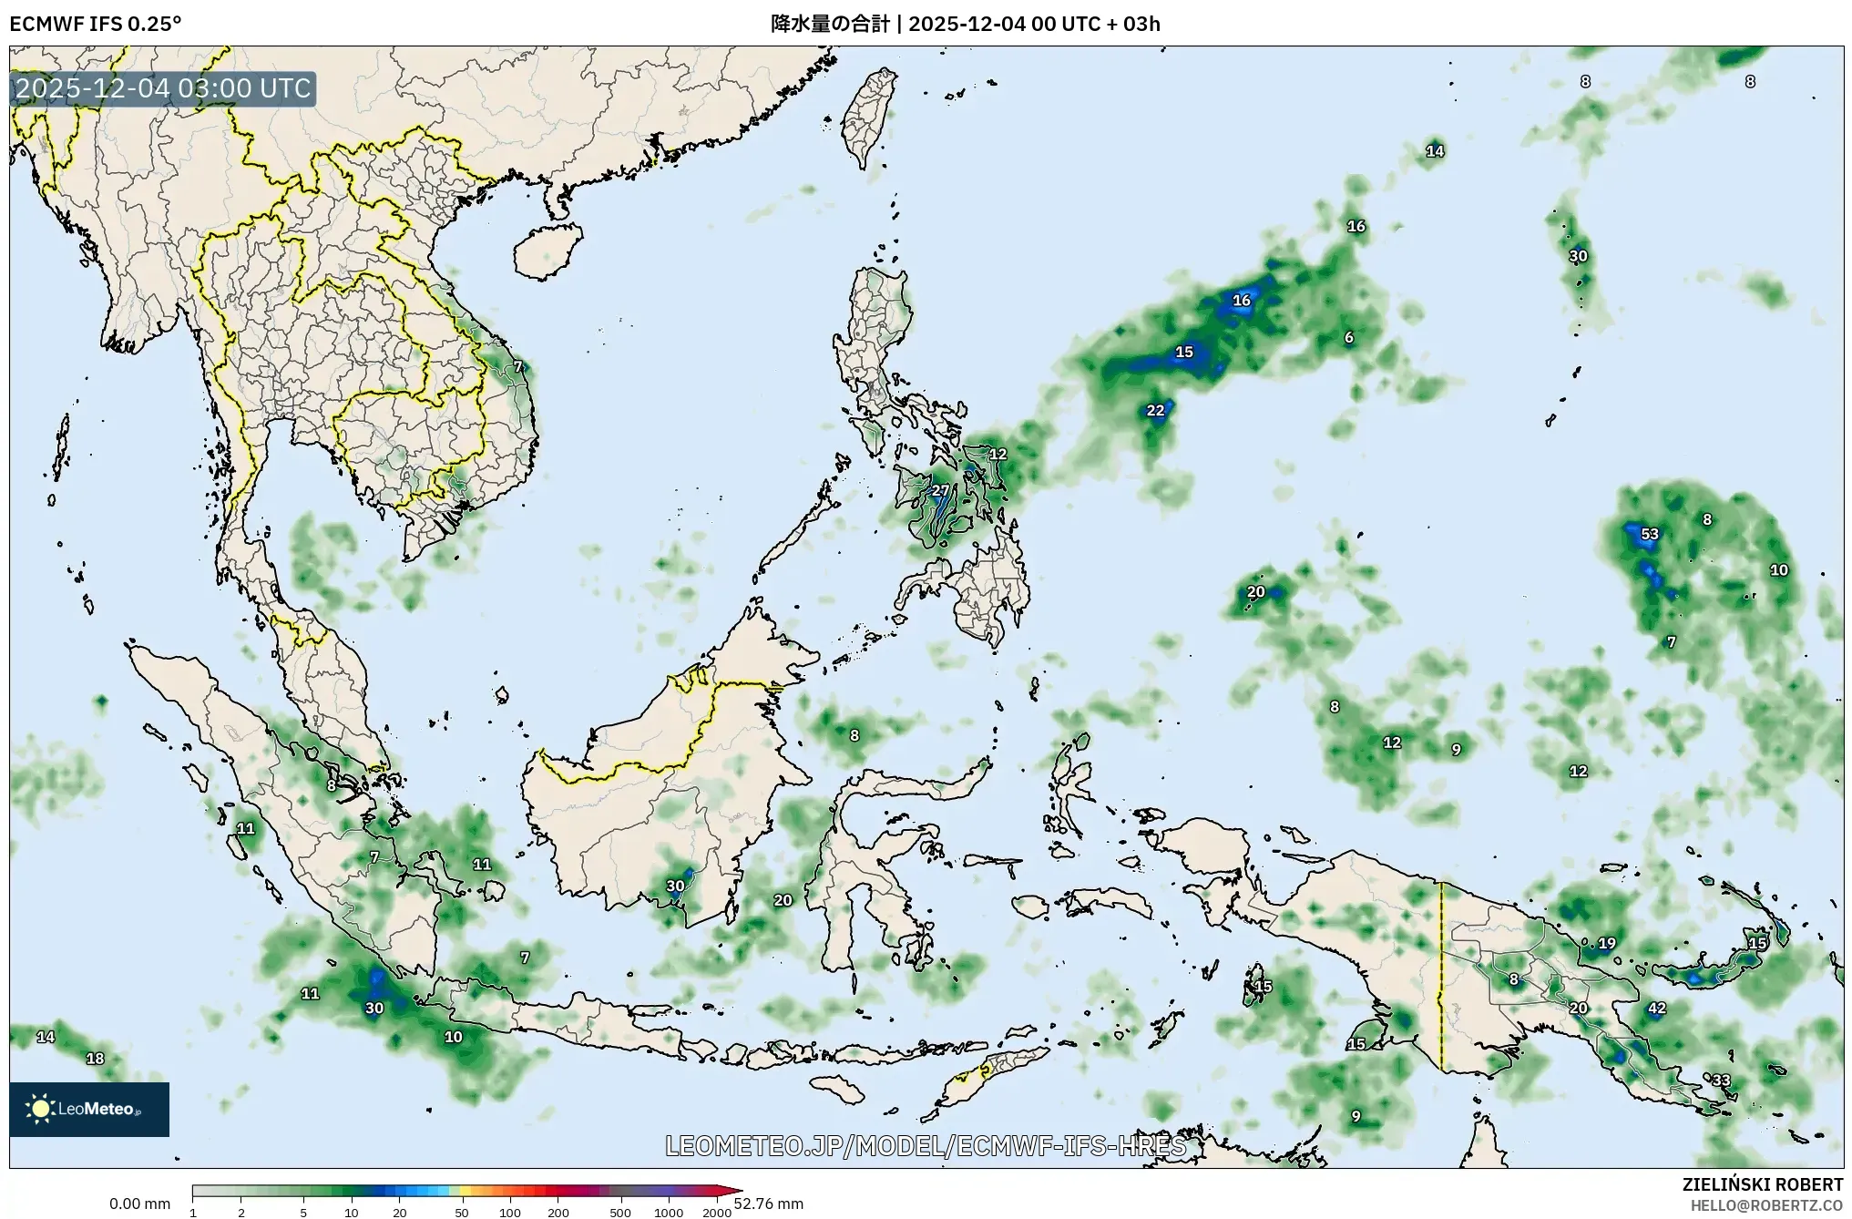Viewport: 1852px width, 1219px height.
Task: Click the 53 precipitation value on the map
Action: click(1649, 534)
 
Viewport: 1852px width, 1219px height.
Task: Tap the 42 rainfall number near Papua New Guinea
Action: click(1656, 1009)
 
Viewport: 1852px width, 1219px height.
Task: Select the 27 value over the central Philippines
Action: click(939, 491)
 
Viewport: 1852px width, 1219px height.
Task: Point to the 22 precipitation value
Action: click(1155, 411)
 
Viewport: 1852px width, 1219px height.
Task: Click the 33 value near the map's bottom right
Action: click(1720, 1081)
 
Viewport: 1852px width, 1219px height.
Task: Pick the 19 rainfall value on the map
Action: click(1606, 944)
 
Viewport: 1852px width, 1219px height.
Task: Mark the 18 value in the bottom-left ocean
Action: click(95, 1059)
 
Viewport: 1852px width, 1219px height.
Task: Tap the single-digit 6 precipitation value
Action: click(1348, 338)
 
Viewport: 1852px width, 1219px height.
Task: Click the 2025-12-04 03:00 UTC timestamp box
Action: click(163, 89)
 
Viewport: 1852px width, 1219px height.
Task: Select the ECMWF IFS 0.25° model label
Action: click(95, 24)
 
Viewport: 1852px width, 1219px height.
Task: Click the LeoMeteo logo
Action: click(89, 1109)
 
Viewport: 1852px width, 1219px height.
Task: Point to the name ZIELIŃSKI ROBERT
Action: click(1762, 1184)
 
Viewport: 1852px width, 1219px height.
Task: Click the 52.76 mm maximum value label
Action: click(768, 1204)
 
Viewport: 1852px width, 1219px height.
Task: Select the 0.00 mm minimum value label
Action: click(139, 1204)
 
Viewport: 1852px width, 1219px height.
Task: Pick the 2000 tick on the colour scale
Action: click(717, 1213)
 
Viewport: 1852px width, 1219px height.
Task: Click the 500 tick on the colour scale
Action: click(620, 1213)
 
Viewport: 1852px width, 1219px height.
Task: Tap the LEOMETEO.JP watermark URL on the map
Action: click(925, 1146)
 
